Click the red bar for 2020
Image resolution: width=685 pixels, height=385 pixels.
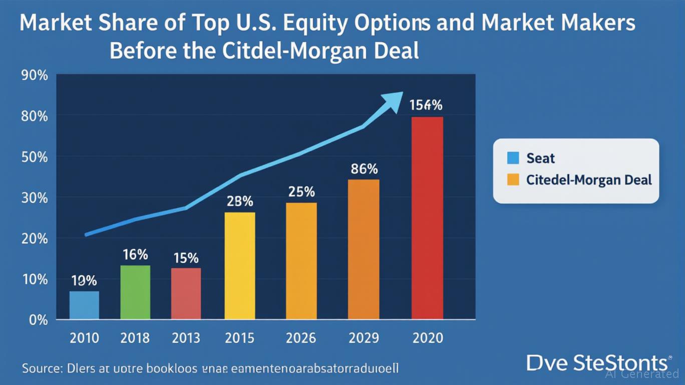click(x=427, y=218)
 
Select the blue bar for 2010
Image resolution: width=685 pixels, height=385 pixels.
click(x=84, y=305)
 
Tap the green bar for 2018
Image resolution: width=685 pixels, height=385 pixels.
click(x=135, y=292)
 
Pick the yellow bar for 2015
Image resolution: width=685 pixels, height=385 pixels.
click(x=239, y=266)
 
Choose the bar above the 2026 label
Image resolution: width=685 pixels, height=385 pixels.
click(x=301, y=261)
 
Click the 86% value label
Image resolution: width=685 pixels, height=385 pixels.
click(x=364, y=169)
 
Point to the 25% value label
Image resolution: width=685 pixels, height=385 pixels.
click(x=301, y=191)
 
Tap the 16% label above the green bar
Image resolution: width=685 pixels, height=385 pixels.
click(x=135, y=255)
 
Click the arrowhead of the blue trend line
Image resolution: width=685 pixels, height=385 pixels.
click(x=393, y=100)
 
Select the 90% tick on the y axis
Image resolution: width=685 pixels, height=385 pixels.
click(x=35, y=76)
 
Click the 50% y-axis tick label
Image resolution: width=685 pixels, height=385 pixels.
click(x=35, y=157)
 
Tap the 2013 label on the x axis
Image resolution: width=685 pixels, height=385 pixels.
click(x=185, y=338)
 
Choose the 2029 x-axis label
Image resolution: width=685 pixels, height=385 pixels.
click(x=364, y=338)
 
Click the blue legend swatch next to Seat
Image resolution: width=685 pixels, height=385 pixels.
click(x=513, y=158)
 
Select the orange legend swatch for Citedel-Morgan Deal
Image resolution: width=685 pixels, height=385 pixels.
click(x=513, y=179)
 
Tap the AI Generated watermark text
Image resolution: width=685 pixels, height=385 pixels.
click(x=642, y=374)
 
